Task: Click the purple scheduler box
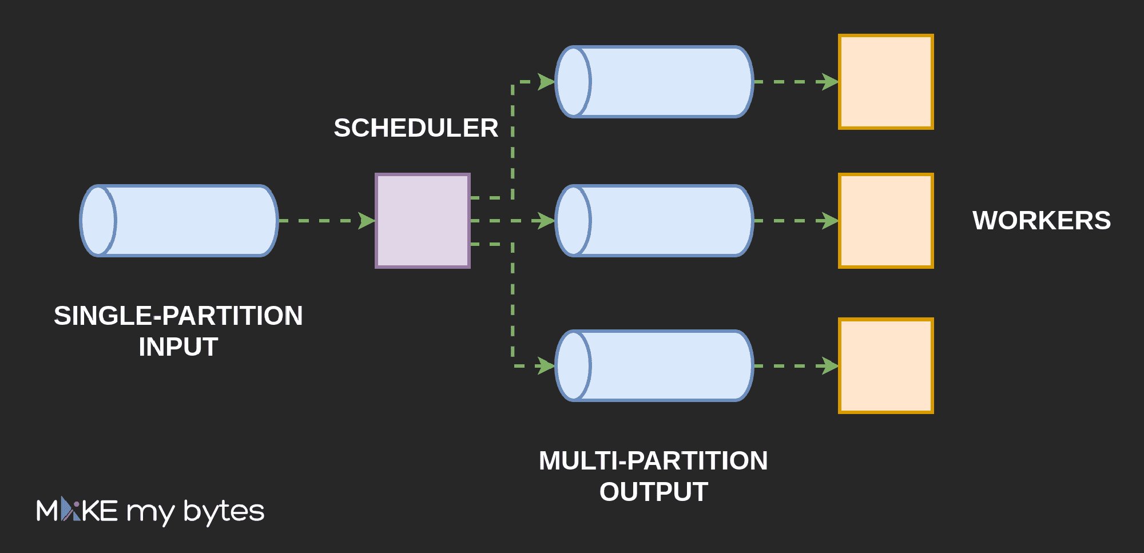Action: coord(423,221)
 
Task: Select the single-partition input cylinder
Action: coord(179,221)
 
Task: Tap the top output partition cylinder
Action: coord(654,82)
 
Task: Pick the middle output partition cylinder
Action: coord(654,221)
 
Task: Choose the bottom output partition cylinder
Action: coord(654,366)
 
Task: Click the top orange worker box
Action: coord(886,82)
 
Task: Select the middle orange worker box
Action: coord(886,221)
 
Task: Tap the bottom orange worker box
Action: coord(886,366)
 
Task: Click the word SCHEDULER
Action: coord(416,128)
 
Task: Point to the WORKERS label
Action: coord(1042,221)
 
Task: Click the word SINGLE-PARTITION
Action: coord(178,316)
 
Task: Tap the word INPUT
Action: coord(178,347)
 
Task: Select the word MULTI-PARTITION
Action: coord(653,461)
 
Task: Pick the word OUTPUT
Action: coord(653,492)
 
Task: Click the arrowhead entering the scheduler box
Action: coord(367,221)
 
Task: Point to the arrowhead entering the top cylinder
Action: coord(546,82)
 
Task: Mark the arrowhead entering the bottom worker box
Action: coord(830,366)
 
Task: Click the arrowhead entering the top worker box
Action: coord(830,82)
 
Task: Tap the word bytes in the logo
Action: coord(224,511)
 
